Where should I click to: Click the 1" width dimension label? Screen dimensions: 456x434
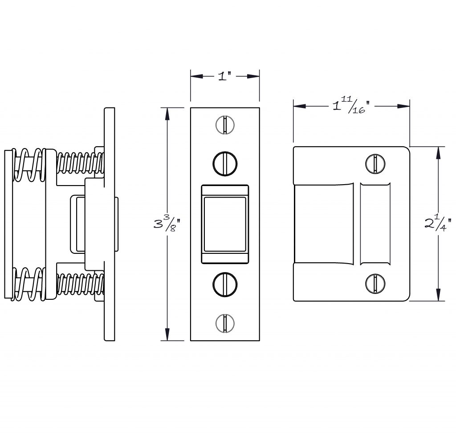[x=224, y=76]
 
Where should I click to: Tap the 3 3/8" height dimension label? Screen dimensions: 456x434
[x=167, y=224]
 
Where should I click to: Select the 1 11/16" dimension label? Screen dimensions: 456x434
[x=351, y=105]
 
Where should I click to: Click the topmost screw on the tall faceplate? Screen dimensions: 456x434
[x=225, y=125]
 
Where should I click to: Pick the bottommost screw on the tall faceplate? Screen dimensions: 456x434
[x=225, y=323]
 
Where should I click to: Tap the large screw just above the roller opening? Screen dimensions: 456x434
[x=225, y=163]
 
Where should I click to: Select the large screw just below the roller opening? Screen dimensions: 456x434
[x=225, y=285]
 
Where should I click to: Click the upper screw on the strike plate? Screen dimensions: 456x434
[x=375, y=163]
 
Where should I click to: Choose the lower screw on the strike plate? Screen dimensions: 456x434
[x=375, y=283]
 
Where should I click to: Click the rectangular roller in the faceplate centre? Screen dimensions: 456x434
[x=225, y=224]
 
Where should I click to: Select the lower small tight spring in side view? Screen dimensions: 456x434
[x=80, y=284]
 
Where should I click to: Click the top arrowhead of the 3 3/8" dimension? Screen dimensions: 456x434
[x=167, y=114]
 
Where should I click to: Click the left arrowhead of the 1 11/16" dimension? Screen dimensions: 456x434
[x=300, y=106]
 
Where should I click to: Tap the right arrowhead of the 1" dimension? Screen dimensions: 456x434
[x=253, y=76]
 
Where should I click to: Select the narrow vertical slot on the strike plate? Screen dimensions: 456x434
[x=375, y=224]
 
